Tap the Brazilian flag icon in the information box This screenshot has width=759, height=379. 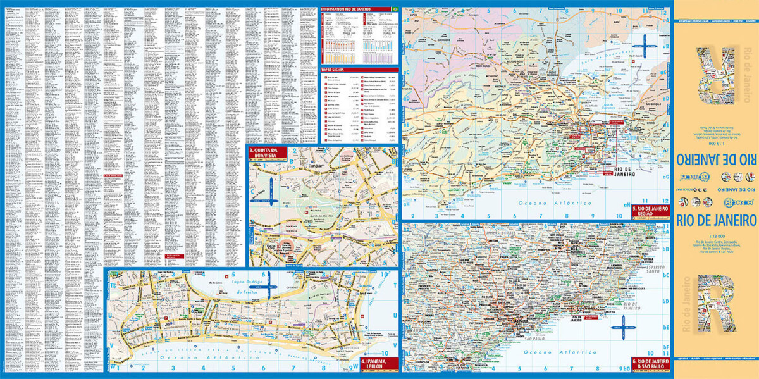pos(395,9)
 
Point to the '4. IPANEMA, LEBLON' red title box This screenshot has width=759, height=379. pos(379,364)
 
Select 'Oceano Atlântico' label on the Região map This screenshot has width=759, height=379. pos(553,203)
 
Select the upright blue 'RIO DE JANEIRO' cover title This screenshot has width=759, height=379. pos(716,220)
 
